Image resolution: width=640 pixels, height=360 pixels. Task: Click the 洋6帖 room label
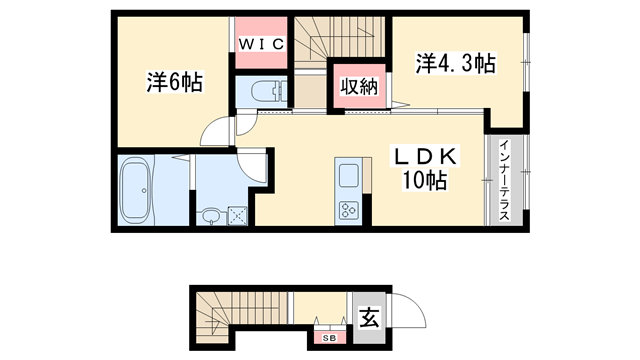[175, 83]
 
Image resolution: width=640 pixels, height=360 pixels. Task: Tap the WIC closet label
[261, 44]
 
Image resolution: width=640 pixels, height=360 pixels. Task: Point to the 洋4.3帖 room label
[456, 63]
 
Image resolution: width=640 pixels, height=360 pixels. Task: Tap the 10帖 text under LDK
[424, 181]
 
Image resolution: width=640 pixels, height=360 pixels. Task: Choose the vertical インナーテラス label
[506, 181]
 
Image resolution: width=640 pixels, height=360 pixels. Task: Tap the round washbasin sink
[211, 215]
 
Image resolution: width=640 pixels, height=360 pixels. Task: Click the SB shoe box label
[328, 338]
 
